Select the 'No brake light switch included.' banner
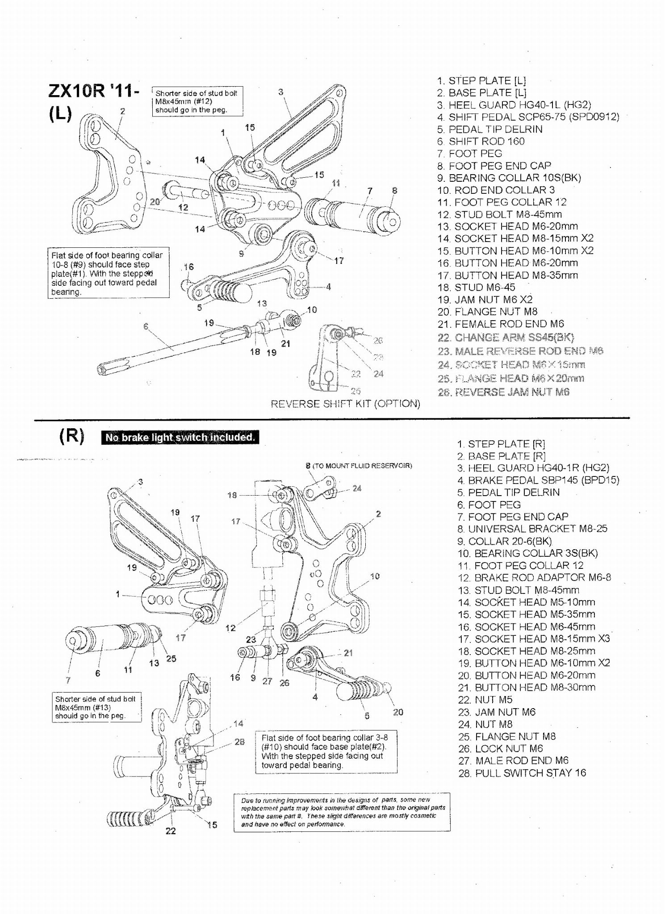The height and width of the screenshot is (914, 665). click(x=180, y=437)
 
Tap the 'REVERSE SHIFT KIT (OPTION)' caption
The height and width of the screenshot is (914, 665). click(x=345, y=404)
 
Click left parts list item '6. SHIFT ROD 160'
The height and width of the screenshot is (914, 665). click(x=481, y=141)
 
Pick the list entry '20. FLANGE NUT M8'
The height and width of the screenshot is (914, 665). click(x=487, y=312)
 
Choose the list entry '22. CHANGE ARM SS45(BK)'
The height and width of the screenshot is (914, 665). click(x=506, y=337)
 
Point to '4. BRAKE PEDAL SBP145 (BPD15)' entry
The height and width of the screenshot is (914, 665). click(x=538, y=480)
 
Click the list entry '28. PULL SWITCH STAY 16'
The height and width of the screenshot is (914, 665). click(x=522, y=773)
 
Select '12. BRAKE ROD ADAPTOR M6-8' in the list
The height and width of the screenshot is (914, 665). click(x=534, y=577)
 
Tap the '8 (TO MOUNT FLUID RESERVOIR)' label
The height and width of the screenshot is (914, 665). click(x=359, y=466)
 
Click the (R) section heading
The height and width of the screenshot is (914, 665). click(x=71, y=436)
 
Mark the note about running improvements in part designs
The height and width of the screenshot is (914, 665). click(x=342, y=812)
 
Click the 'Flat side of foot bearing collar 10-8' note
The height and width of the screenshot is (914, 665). click(x=108, y=273)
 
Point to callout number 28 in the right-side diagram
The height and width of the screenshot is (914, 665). click(x=239, y=742)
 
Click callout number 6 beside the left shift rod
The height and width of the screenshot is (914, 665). click(x=146, y=326)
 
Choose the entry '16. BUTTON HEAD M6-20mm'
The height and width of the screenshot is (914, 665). click(x=507, y=263)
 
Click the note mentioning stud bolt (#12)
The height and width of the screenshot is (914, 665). click(x=197, y=101)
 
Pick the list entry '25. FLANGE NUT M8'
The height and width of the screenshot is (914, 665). click(x=507, y=736)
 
